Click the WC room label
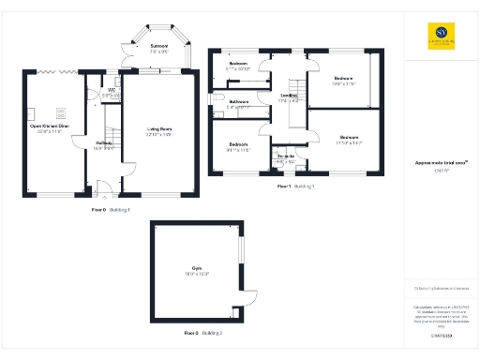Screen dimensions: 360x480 pyautogui.click(x=111, y=92)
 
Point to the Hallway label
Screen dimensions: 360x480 pyautogui.click(x=104, y=143)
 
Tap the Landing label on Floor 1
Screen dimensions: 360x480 pyautogui.click(x=290, y=97)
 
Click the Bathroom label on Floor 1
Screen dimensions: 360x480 pyautogui.click(x=237, y=102)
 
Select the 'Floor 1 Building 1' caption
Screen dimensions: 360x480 pyautogui.click(x=295, y=187)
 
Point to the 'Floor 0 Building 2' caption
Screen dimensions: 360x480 pyautogui.click(x=202, y=333)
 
